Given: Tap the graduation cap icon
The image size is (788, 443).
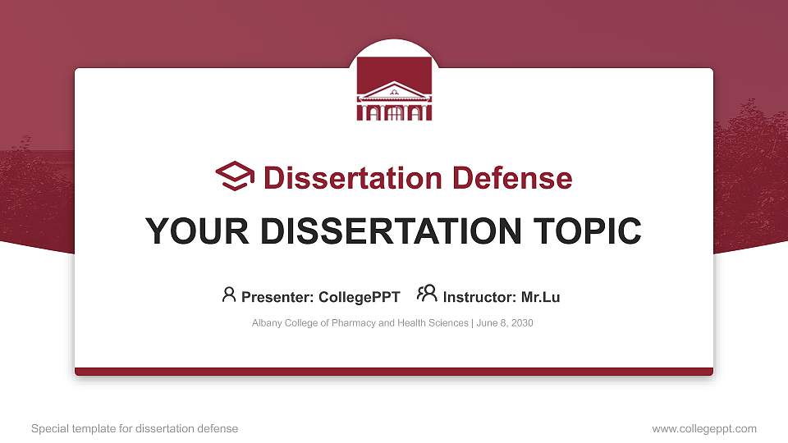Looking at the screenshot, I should pos(235,176).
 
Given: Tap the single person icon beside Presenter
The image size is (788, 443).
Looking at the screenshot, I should pos(229,294).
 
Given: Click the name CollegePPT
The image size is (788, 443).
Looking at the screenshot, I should pos(360,297).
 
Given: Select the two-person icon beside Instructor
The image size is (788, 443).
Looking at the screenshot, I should pos(427,294).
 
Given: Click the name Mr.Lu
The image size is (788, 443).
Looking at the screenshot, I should pos(540,297).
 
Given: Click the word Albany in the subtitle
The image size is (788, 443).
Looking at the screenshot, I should pos(267,323).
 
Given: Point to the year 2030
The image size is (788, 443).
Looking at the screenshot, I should pos(521,323).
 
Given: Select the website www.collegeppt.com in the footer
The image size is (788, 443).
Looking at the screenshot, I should pos(704,428).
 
